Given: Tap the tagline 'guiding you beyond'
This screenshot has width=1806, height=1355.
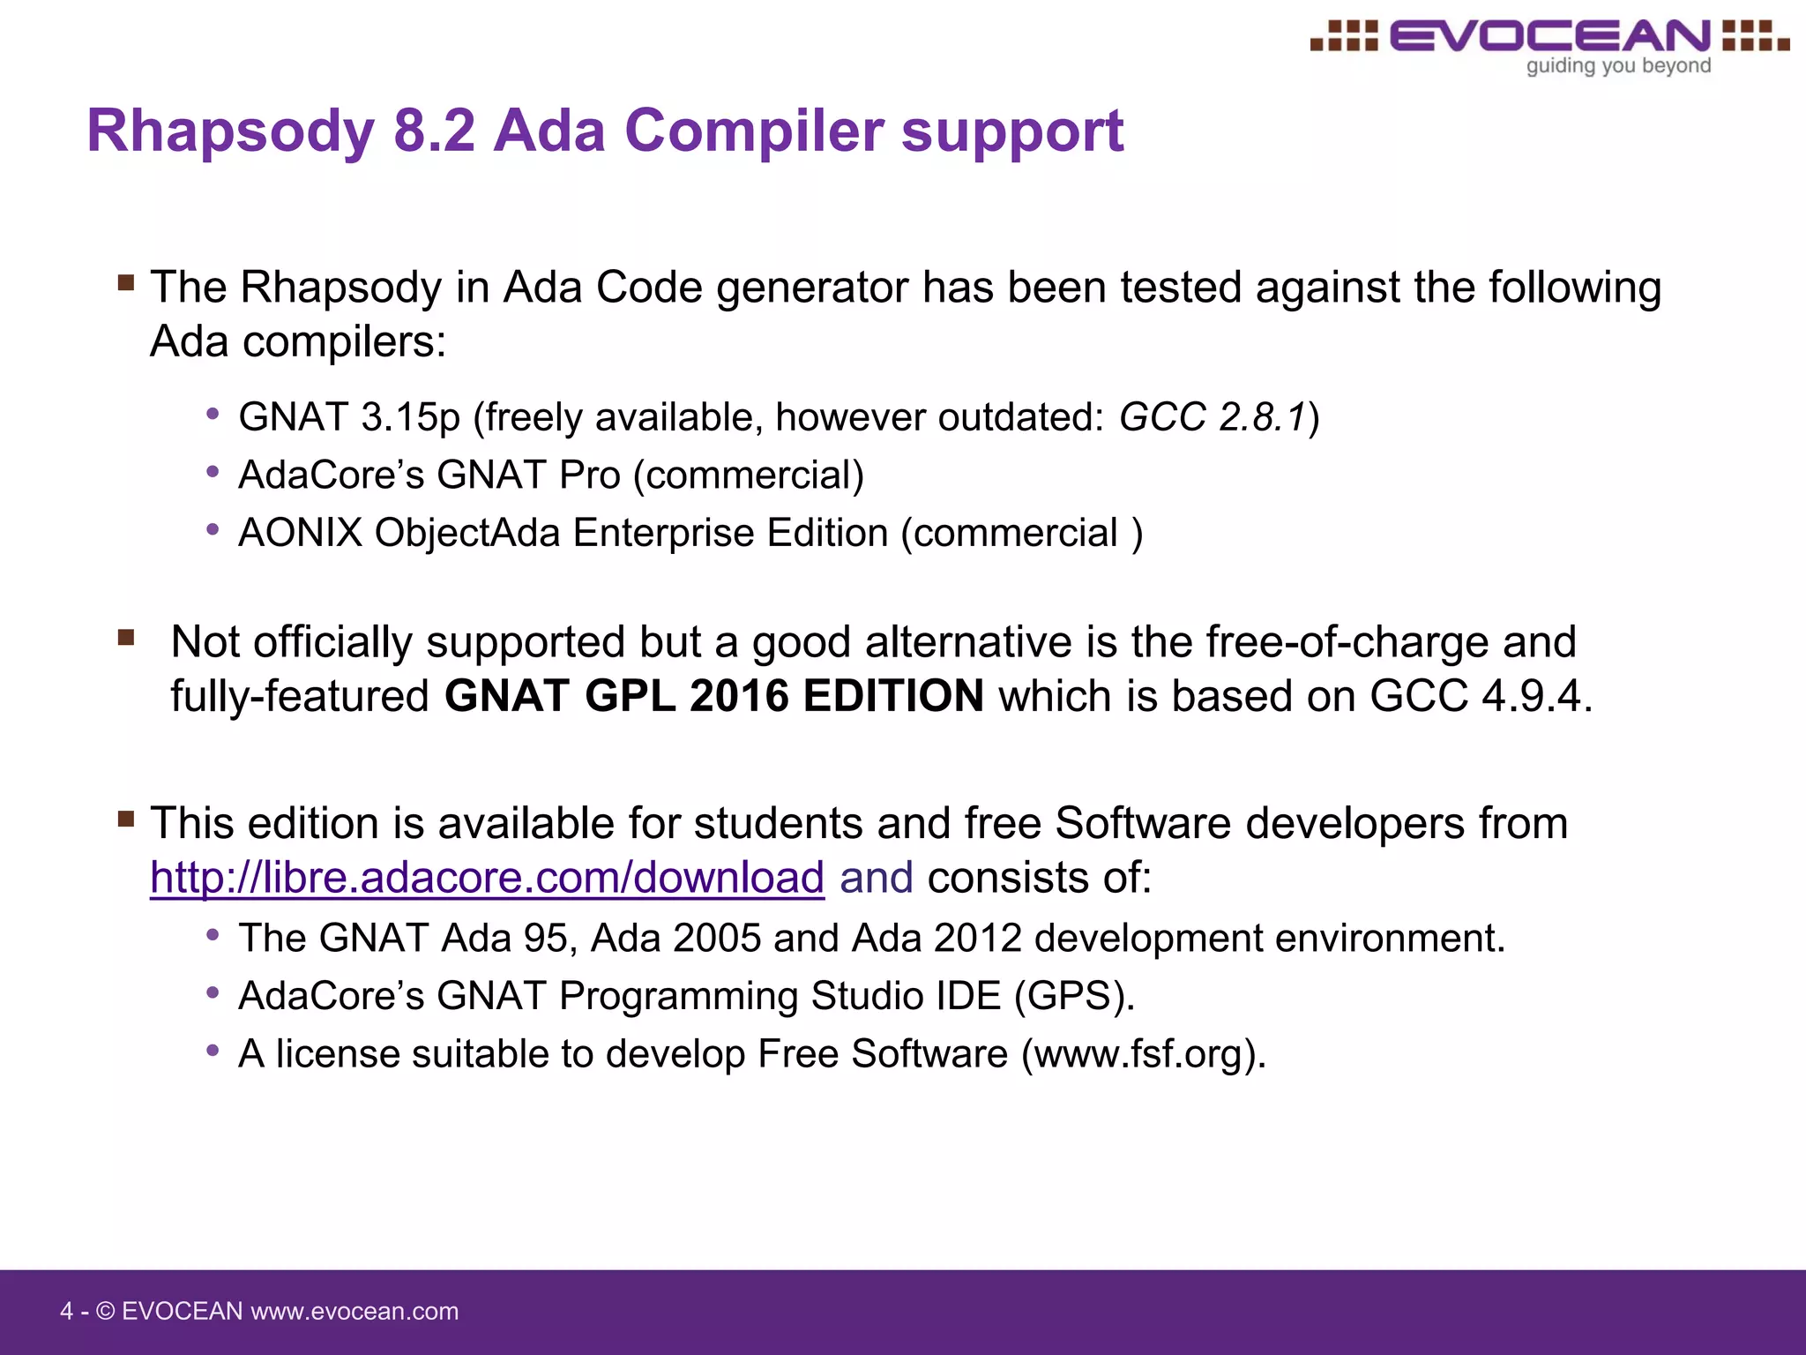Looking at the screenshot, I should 1618,66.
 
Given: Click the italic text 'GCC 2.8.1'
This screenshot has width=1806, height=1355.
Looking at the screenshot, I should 1213,417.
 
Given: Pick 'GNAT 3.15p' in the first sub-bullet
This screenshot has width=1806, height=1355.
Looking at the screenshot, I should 349,417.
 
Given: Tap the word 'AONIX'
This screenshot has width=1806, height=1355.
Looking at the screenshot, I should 300,533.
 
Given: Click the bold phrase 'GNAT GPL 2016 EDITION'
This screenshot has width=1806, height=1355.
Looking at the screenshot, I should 714,696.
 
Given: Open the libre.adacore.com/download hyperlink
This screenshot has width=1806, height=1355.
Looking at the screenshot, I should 487,878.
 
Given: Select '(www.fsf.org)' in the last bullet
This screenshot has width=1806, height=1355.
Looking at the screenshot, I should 1143,1054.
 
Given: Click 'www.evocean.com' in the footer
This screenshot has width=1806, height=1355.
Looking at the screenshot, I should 354,1312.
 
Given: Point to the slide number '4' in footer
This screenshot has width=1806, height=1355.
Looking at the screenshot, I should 66,1312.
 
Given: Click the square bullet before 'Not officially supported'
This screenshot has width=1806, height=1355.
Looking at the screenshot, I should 126,637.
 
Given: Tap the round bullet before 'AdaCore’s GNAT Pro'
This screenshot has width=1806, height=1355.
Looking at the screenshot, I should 213,473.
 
